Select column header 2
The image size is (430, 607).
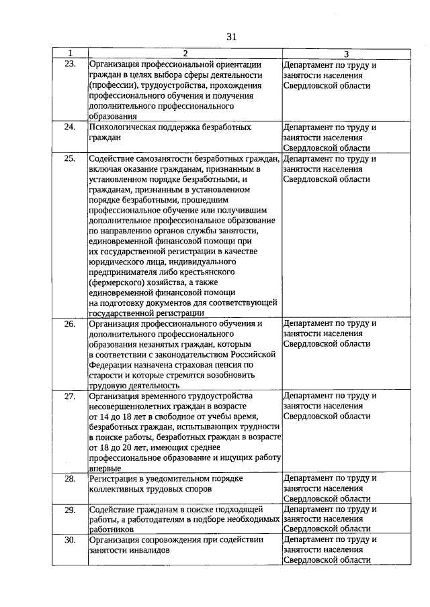pyautogui.click(x=185, y=53)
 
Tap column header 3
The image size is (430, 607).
pyautogui.click(x=345, y=54)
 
